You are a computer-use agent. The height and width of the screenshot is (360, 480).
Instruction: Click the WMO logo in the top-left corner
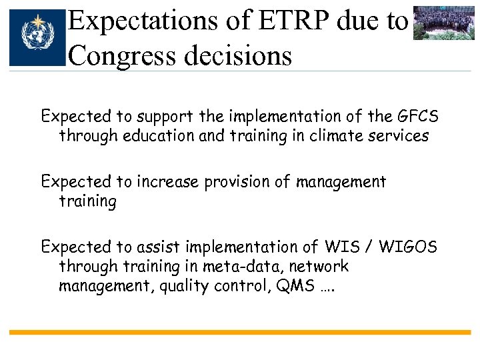click(x=38, y=37)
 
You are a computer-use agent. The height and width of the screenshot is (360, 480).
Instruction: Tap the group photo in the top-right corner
click(x=443, y=24)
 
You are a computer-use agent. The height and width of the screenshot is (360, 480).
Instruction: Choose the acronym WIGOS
click(x=407, y=247)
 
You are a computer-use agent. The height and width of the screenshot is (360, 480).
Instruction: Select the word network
click(x=323, y=267)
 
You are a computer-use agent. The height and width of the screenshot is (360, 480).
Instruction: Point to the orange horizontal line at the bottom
click(x=240, y=332)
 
